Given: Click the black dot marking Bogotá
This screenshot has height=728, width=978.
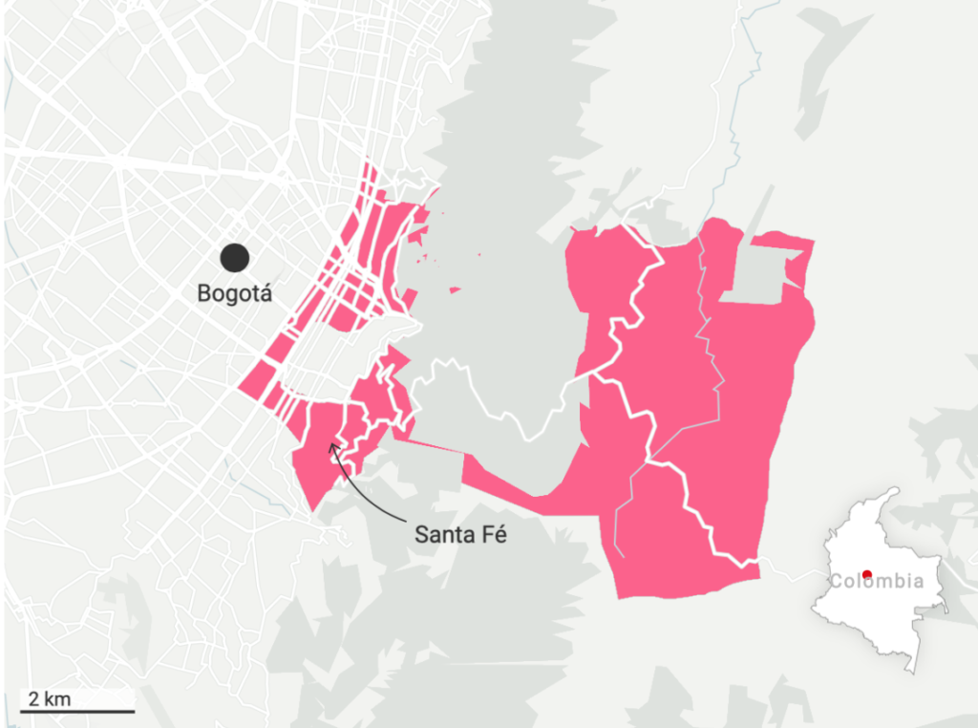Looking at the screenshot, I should [234, 257].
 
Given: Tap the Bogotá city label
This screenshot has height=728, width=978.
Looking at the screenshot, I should [235, 293].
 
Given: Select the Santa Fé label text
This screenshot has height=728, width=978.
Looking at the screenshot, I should [459, 534].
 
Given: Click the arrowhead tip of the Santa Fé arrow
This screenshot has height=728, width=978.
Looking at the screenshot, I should [330, 443].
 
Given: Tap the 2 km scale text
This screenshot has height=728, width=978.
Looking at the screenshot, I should [50, 697].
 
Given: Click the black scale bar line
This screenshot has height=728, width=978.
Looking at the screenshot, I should [76, 711].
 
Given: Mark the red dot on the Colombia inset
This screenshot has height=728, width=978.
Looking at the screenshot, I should [866, 574].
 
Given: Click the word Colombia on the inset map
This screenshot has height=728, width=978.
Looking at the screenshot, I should [876, 581].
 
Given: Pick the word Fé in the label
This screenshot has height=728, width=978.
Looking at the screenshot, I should [491, 534].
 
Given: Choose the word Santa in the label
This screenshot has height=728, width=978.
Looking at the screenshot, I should [443, 534].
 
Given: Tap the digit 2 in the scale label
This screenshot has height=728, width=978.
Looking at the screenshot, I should [34, 697].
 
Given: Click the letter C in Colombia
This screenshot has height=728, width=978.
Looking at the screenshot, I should [836, 581].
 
